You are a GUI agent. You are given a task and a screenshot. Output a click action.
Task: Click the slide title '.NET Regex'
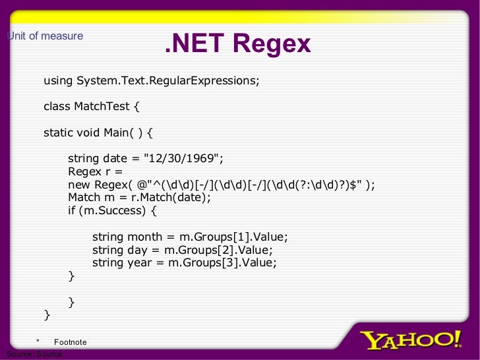237,44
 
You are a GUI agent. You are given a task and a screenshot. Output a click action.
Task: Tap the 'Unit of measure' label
45,36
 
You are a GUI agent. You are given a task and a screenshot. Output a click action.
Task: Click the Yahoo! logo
410,340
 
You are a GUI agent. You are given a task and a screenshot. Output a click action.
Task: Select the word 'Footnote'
70,342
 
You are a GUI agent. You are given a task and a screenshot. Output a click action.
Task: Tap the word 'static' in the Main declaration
59,133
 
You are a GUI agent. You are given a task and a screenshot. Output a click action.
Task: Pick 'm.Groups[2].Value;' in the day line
218,250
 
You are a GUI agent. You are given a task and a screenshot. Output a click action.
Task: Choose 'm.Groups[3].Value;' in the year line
221,262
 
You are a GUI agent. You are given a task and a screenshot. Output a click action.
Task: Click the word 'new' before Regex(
79,185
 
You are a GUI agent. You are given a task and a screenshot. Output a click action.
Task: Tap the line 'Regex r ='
96,172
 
